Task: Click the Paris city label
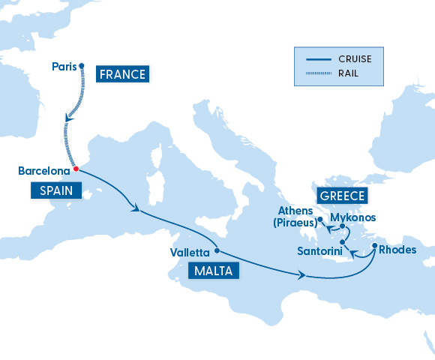[64, 67]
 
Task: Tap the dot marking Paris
[82, 65]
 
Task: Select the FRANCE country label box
[121, 74]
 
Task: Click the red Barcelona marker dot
[76, 169]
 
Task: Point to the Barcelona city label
[44, 172]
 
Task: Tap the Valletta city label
[190, 253]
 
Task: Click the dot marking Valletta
[217, 250]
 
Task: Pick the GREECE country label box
[343, 196]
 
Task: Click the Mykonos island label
[352, 218]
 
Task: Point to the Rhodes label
[397, 250]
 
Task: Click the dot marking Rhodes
[374, 244]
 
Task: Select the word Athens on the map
[295, 211]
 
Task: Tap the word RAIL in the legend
[347, 73]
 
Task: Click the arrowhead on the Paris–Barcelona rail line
[69, 118]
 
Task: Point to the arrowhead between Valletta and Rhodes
[303, 277]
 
